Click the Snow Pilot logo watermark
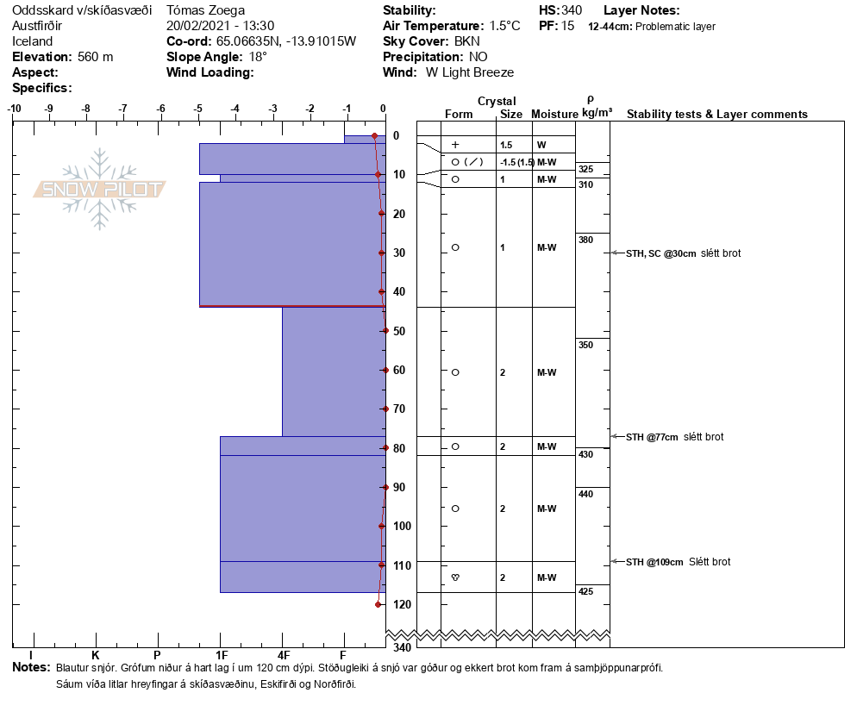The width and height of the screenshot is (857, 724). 100,189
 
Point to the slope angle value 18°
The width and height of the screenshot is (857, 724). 258,57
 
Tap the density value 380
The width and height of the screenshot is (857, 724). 586,240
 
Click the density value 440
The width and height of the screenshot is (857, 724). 586,494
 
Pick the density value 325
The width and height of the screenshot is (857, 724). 586,169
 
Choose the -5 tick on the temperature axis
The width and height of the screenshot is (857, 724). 197,109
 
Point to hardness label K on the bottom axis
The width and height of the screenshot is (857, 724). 96,656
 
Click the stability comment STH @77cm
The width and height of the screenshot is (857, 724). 652,437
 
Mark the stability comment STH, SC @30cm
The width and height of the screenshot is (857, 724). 661,253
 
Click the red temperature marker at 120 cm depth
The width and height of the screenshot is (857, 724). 378,604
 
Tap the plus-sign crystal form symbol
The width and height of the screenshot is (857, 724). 455,145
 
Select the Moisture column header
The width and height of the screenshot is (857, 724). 554,115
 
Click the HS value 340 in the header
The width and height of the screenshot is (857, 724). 572,10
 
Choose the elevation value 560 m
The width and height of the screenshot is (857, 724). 95,57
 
